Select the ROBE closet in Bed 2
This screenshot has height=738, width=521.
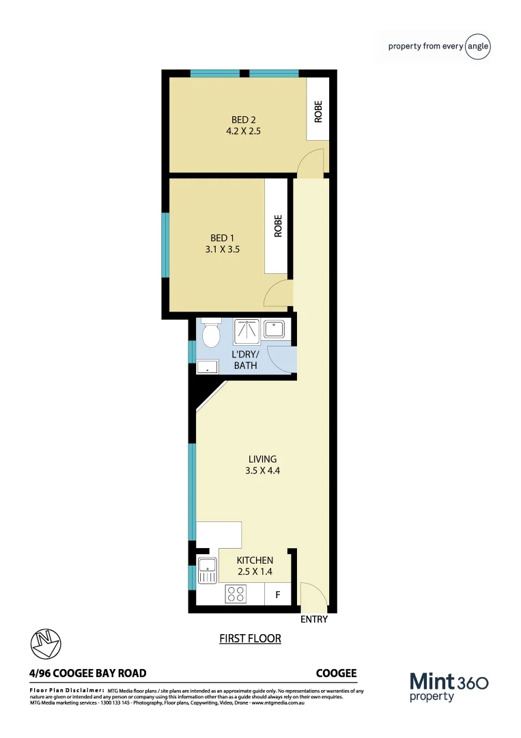point(318,111)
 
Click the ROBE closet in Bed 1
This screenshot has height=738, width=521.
point(277,226)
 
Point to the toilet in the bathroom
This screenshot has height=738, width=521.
point(210,334)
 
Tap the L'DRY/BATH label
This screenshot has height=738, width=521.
point(246,359)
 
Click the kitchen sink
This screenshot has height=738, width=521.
point(207,569)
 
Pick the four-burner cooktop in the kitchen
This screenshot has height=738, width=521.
point(236,594)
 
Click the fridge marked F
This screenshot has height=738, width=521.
point(277,594)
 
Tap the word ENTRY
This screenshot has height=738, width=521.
point(314,620)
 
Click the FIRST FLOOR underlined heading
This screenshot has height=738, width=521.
point(250,639)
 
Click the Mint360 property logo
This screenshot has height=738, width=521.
point(449,686)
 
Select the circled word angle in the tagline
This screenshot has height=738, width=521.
point(478,46)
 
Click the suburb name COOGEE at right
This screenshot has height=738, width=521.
point(336,673)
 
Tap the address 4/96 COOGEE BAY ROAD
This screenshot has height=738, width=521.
point(88,673)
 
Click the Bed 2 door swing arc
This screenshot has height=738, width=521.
point(311,163)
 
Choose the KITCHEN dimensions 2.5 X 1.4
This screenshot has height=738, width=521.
point(255,571)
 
